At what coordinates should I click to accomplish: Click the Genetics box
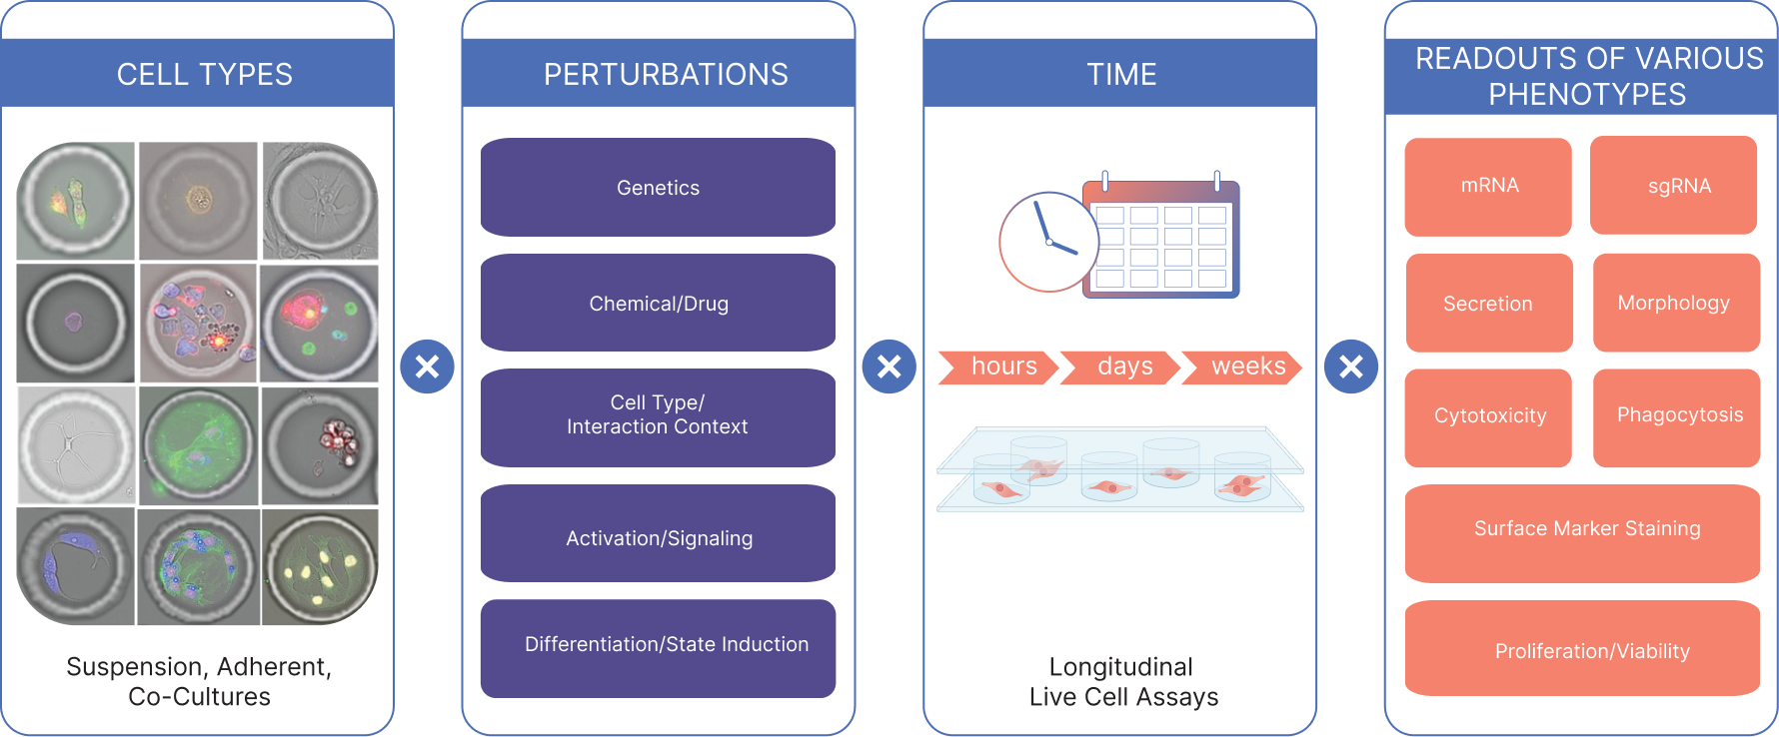pyautogui.click(x=658, y=188)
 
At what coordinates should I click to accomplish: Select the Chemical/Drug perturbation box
pyautogui.click(x=658, y=304)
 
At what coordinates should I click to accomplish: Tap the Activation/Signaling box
pyautogui.click(x=658, y=537)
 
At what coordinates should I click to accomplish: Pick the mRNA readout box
pyautogui.click(x=1488, y=187)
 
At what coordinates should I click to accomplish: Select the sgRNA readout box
pyautogui.click(x=1674, y=187)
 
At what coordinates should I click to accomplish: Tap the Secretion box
pyautogui.click(x=1489, y=304)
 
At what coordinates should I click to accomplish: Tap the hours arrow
pyautogui.click(x=1000, y=367)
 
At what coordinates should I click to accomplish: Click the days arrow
pyautogui.click(x=1122, y=367)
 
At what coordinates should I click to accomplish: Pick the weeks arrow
pyautogui.click(x=1244, y=367)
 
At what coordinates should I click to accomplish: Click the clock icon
pyautogui.click(x=1047, y=242)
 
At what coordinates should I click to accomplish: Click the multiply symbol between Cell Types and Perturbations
pyautogui.click(x=427, y=367)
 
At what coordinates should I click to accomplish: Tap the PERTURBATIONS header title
pyautogui.click(x=666, y=74)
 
